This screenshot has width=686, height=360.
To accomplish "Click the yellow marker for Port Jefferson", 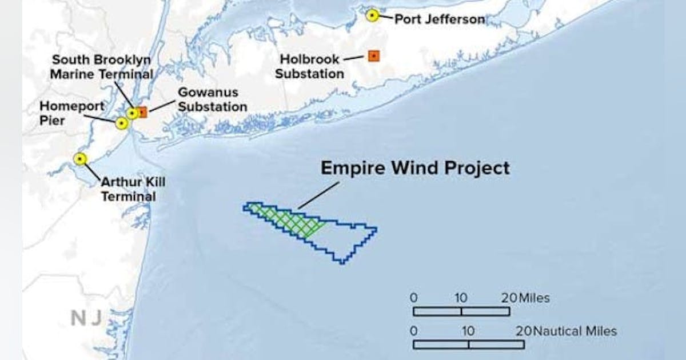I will coord(372,15).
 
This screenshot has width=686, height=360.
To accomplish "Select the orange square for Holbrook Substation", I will coord(373,56).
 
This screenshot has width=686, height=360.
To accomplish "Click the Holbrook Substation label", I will coord(312,66).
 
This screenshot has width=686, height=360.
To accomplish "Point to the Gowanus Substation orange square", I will coord(142,112).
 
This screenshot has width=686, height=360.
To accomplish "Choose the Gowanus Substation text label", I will coord(212,99).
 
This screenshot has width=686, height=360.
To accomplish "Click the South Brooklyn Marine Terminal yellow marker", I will coord(132,113).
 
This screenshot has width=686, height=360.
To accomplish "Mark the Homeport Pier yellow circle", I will coord(121,123).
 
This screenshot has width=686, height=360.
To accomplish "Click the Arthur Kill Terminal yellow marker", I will coord(81,159).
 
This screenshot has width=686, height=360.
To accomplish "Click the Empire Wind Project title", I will coord(415,168).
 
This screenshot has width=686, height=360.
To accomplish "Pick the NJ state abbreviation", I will coord(86,319).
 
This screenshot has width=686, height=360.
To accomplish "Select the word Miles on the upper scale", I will coord(535,298).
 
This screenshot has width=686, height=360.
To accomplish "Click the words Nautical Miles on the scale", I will coord(575,331).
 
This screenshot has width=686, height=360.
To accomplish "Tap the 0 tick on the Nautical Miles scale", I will coord(413,331).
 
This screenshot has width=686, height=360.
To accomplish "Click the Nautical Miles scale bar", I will coord(469,345).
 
